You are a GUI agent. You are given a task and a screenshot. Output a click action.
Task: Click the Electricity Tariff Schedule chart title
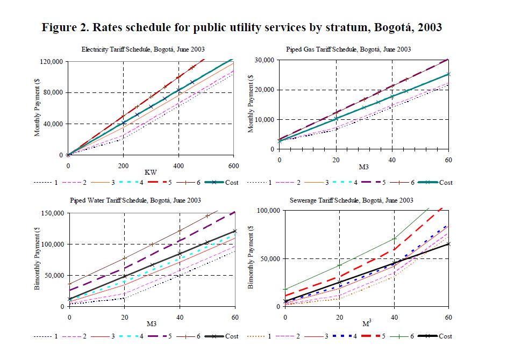143,49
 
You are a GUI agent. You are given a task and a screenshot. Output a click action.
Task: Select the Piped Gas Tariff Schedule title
348,49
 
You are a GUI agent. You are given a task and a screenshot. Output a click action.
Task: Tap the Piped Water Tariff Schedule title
135,200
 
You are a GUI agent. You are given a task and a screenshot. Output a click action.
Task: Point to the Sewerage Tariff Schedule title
352,200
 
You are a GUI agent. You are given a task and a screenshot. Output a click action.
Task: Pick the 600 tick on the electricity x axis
233,164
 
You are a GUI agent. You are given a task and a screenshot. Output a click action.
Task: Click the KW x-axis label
151,172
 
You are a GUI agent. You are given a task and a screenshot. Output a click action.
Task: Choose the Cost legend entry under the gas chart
446,182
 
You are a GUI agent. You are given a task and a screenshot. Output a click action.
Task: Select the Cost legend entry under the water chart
232,336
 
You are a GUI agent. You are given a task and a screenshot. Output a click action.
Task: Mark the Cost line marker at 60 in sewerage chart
449,244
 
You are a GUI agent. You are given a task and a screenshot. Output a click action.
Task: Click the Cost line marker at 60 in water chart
235,232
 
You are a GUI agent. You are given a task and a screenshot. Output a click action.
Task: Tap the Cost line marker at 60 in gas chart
449,74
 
